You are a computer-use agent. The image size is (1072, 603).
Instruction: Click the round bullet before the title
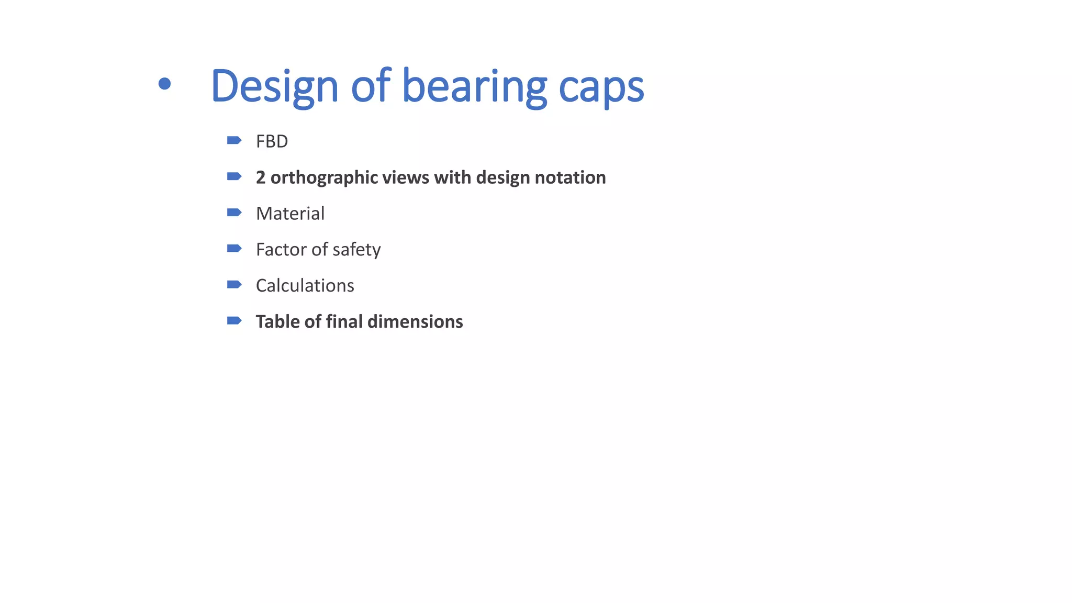tap(164, 84)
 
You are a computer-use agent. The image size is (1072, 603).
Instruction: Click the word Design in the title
tap(274, 86)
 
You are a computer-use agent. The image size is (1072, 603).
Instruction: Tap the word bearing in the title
tap(474, 86)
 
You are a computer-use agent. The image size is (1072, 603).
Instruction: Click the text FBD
tap(272, 141)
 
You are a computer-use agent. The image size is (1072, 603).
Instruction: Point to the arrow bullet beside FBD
tap(234, 140)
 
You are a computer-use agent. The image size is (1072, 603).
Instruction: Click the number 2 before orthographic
tap(261, 177)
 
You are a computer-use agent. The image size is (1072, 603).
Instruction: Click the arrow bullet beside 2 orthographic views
tap(234, 176)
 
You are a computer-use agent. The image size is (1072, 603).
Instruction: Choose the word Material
tap(290, 214)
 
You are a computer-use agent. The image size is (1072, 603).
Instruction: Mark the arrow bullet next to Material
tap(234, 213)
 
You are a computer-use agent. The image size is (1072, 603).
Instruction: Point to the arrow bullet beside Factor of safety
tap(234, 249)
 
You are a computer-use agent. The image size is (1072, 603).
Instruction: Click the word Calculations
tap(305, 286)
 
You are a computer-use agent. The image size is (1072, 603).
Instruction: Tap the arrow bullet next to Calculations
tap(234, 285)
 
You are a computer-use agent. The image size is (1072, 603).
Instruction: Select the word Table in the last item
tap(277, 321)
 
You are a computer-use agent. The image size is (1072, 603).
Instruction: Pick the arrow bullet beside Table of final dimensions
tap(234, 320)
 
